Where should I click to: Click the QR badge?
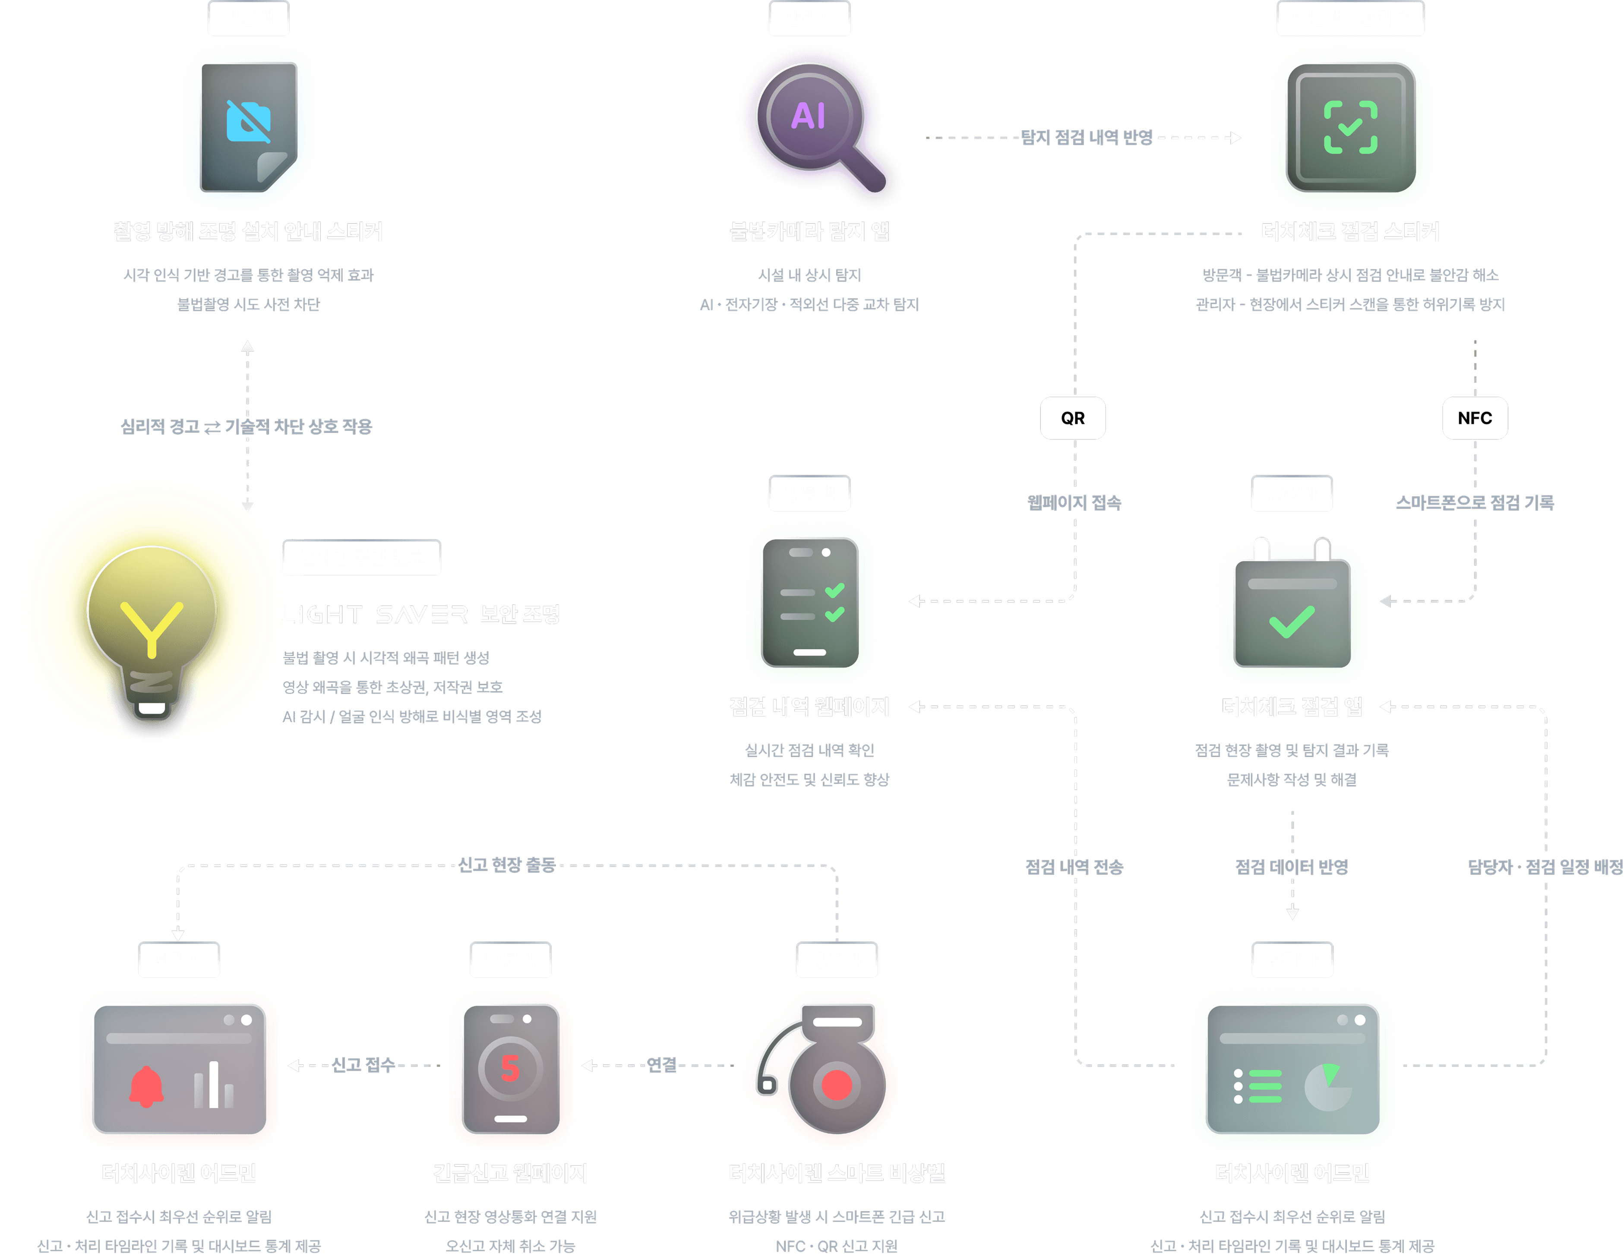[x=1072, y=418]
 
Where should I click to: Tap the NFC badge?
[x=1475, y=418]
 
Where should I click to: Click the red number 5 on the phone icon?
[x=510, y=1068]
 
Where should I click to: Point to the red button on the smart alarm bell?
[x=837, y=1084]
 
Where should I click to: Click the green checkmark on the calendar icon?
[x=1292, y=622]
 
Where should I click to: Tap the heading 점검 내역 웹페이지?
[x=809, y=707]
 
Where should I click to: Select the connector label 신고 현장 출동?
[x=506, y=865]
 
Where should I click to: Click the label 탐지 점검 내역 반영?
[x=1087, y=137]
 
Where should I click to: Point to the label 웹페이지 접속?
[x=1074, y=503]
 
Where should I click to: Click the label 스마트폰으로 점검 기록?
[x=1475, y=503]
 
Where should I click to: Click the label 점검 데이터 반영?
[x=1292, y=866]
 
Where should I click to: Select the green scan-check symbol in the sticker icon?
[x=1350, y=127]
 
